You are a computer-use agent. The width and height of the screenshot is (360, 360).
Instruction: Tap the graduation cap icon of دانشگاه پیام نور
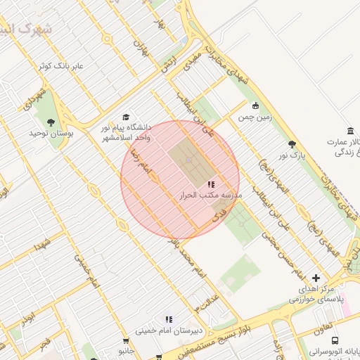126,117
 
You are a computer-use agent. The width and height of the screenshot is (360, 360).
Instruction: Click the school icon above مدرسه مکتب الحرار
211,184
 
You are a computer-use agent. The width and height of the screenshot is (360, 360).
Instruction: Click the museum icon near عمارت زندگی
350,131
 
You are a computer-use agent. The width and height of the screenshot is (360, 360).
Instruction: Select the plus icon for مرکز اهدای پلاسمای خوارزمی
316,278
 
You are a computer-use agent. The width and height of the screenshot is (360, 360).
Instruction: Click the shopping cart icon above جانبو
126,340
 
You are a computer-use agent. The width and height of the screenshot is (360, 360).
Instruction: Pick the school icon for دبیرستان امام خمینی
168,319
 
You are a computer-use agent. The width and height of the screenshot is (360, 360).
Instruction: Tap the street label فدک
219,212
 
